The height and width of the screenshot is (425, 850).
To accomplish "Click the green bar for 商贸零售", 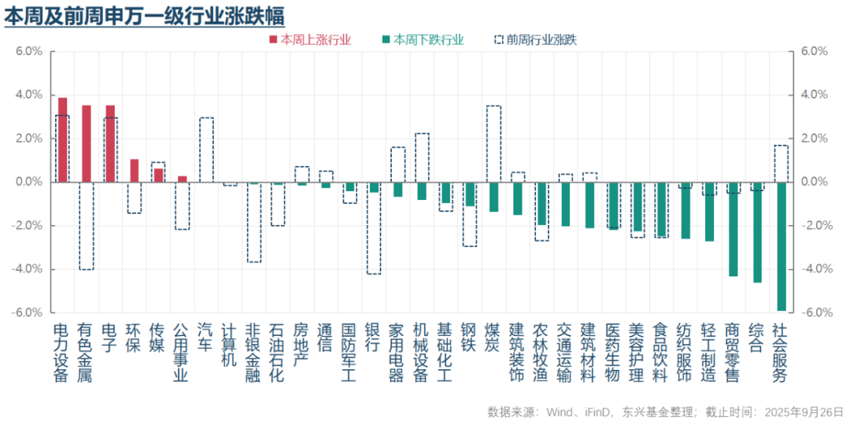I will click(734, 229).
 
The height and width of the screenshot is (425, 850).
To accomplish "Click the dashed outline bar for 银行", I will click(374, 228).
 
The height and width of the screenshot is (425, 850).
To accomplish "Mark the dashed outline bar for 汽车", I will click(206, 150).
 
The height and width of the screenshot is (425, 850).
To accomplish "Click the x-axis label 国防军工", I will click(349, 353).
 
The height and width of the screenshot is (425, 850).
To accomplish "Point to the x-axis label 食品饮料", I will click(660, 353).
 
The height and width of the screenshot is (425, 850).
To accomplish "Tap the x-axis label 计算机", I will click(230, 345).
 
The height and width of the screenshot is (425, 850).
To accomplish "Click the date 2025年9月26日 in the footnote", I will click(802, 411).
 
